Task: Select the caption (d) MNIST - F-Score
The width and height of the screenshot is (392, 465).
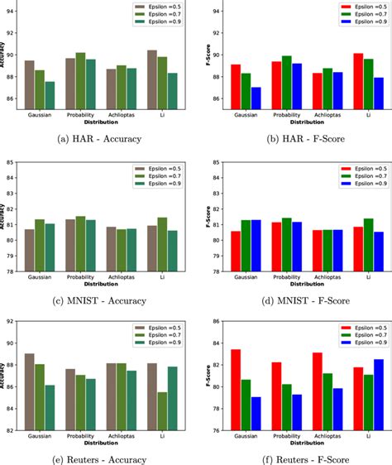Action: (294, 300)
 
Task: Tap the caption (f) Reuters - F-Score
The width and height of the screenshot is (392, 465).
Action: (294, 459)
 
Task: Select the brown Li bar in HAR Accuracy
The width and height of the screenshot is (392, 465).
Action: (151, 79)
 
